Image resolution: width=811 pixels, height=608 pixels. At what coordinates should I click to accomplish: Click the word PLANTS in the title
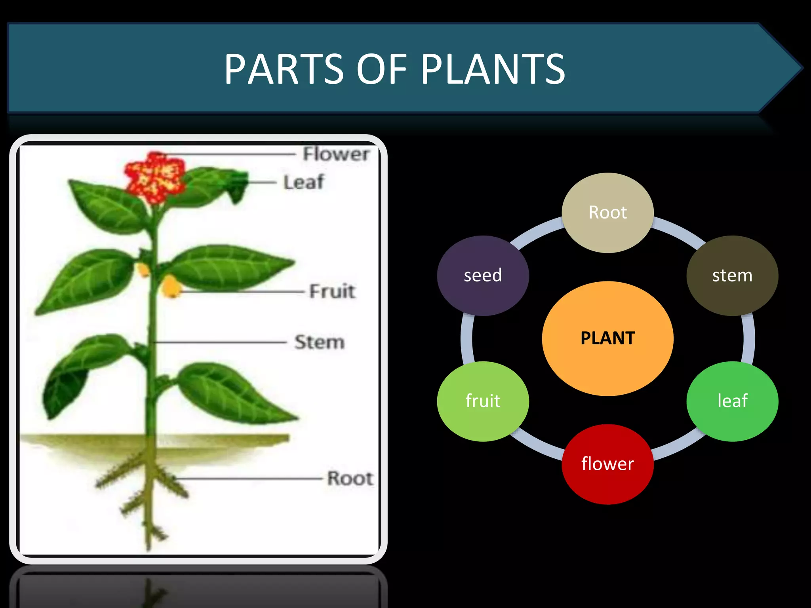(x=493, y=70)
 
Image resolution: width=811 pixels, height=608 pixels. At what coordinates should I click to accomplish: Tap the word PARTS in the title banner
(x=284, y=70)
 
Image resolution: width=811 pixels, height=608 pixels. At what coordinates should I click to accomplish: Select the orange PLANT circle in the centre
(x=607, y=338)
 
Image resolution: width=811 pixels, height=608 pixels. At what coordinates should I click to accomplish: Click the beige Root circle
(x=607, y=213)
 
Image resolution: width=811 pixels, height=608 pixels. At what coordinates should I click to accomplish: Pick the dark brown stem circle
(x=732, y=275)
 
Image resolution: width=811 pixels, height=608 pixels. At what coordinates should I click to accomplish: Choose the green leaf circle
(x=732, y=401)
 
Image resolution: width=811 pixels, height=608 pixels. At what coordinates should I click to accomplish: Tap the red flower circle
(x=607, y=464)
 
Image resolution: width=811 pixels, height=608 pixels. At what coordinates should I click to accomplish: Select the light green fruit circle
(x=483, y=401)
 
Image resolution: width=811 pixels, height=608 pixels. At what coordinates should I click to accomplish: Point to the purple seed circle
(x=483, y=275)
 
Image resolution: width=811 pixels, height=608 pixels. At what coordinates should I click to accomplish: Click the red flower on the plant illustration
(x=155, y=177)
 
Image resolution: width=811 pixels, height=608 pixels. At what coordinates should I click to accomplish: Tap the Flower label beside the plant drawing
(x=336, y=154)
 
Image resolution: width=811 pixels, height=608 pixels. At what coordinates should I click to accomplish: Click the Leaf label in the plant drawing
(x=304, y=182)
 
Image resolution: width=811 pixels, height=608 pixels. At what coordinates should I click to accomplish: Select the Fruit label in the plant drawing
(x=332, y=291)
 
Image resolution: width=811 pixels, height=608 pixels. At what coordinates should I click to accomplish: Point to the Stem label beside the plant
(x=320, y=342)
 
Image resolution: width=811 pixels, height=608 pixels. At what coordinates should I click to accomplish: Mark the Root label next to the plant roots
(x=350, y=479)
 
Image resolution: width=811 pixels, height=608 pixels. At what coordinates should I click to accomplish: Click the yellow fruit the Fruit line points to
(x=171, y=286)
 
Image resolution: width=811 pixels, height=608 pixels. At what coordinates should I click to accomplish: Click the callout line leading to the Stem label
(x=222, y=342)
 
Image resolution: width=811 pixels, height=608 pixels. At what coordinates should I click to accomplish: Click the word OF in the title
(x=381, y=70)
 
